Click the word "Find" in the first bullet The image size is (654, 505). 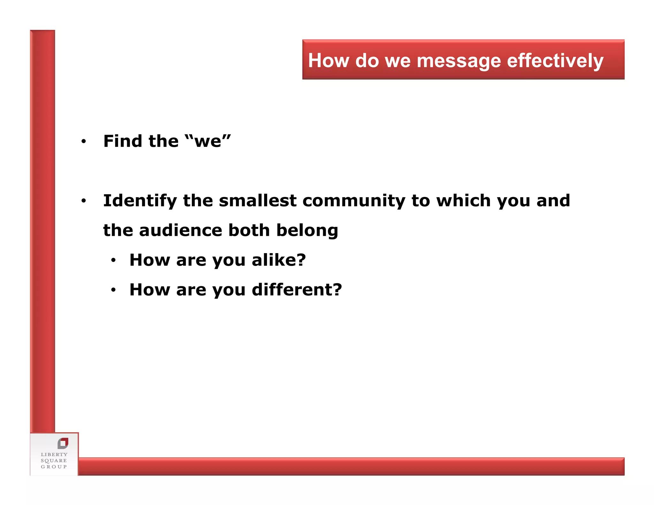(123, 141)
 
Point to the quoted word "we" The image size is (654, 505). (208, 141)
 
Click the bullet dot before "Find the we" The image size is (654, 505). (84, 141)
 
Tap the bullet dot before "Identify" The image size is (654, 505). (84, 201)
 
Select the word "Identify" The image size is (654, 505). (140, 201)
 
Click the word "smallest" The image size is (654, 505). (258, 200)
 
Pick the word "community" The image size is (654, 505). (354, 201)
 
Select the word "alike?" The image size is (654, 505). (279, 260)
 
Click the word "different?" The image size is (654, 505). (297, 290)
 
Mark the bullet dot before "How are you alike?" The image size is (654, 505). (113, 260)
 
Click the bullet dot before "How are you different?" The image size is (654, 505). (113, 290)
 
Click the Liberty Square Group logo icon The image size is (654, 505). (63, 443)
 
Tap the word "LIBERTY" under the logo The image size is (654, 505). (54, 454)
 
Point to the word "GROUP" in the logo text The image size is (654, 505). (54, 467)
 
